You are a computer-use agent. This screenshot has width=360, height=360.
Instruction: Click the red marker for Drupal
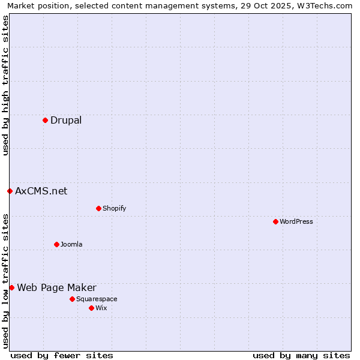click(x=45, y=121)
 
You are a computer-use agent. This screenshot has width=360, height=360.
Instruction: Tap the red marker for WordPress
click(x=275, y=222)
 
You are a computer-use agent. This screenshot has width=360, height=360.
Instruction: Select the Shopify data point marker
click(x=98, y=209)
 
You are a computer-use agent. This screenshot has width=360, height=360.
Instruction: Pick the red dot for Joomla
click(x=56, y=244)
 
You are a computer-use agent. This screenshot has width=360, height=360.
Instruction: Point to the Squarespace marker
click(x=72, y=299)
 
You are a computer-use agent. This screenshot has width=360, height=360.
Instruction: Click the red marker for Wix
click(x=91, y=308)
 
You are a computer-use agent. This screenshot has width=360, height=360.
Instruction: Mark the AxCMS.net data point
click(x=10, y=191)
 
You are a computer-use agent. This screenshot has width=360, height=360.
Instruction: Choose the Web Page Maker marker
click(x=11, y=288)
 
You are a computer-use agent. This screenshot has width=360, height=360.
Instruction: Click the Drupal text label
click(x=66, y=121)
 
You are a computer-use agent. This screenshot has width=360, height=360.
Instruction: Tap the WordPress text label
click(x=296, y=222)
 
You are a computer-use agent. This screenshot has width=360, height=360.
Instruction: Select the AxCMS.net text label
click(x=41, y=191)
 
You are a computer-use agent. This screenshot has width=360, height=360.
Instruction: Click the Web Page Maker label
click(x=56, y=288)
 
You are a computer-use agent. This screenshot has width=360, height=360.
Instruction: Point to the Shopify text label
click(x=114, y=209)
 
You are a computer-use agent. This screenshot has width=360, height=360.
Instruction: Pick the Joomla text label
click(x=71, y=244)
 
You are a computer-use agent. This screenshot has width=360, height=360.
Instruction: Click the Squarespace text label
click(x=97, y=299)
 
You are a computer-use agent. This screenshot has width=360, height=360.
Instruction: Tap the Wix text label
click(x=101, y=308)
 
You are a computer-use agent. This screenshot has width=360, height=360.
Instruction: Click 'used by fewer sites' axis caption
click(x=62, y=355)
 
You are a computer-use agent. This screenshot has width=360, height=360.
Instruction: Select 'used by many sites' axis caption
click(x=301, y=355)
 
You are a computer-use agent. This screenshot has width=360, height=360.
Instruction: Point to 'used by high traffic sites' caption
click(x=5, y=85)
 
